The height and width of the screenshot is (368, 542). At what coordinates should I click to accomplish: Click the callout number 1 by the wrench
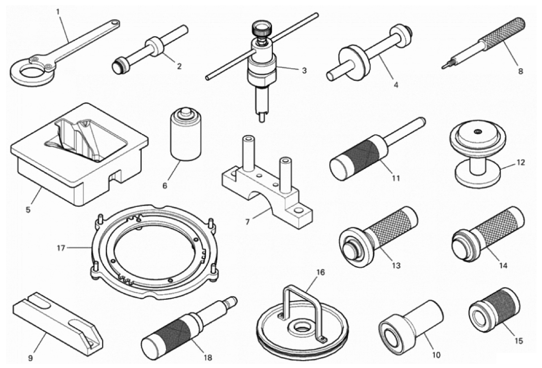coord(58,12)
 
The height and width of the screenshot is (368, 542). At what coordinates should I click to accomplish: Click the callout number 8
coord(521,71)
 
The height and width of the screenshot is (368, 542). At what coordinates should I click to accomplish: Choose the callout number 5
coord(28,209)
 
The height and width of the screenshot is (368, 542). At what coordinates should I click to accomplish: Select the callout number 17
coord(61,248)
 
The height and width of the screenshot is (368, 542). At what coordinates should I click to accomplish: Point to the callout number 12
coord(521,162)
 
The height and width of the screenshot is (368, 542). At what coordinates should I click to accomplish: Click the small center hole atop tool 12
coord(478,131)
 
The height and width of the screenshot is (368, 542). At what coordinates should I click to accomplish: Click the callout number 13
coord(396,266)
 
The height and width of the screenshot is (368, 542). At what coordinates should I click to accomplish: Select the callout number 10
coord(436,355)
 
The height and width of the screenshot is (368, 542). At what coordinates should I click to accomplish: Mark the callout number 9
coord(31,358)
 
